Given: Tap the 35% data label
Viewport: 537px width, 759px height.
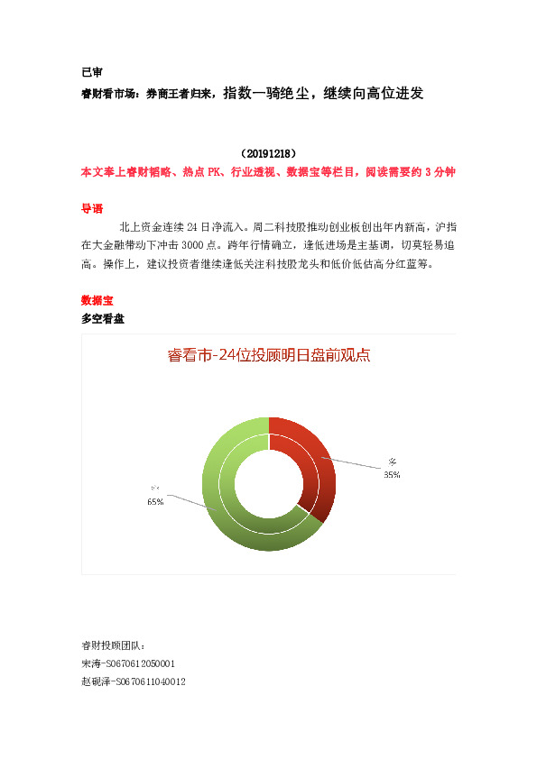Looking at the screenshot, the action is coord(392,474).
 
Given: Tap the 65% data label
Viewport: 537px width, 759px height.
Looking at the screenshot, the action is coord(155,502).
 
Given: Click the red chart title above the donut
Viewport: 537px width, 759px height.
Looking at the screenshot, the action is coord(269,355).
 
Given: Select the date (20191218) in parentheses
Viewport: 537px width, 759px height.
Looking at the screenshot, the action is coord(269,154).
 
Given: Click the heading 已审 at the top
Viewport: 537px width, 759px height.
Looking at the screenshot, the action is coord(91,72).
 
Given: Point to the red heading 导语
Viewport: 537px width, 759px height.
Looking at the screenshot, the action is coord(91,208).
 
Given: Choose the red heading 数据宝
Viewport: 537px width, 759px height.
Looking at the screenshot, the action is coord(97,300).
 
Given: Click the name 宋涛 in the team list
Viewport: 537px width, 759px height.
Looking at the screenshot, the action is coord(91,663).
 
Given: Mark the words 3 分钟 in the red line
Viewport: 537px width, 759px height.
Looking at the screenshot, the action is coord(440,172).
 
